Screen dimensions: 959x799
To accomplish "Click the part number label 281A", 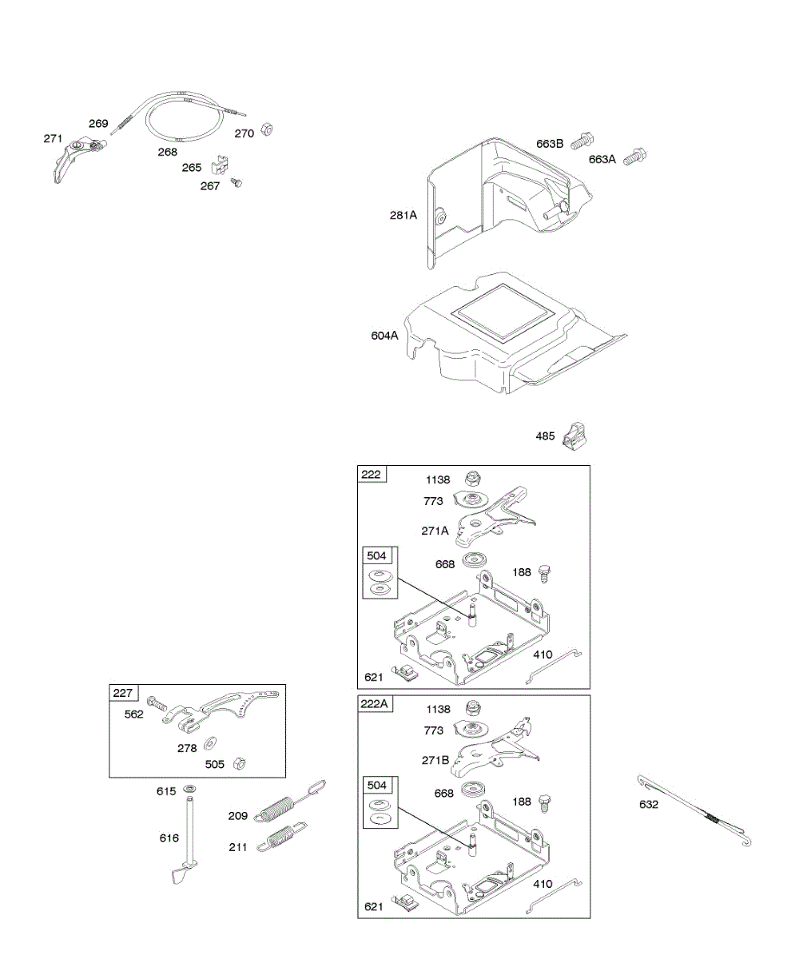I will pyautogui.click(x=403, y=215).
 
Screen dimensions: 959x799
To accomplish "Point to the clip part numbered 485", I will pyautogui.click(x=574, y=436).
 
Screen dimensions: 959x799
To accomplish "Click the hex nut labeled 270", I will pyautogui.click(x=269, y=131).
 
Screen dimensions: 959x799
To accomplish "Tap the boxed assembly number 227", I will pyautogui.click(x=124, y=693).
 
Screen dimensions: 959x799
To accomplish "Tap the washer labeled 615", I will pyautogui.click(x=191, y=790).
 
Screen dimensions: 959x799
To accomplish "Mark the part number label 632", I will pyautogui.click(x=649, y=804).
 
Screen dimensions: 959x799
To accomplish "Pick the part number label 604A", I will pyautogui.click(x=384, y=336).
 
